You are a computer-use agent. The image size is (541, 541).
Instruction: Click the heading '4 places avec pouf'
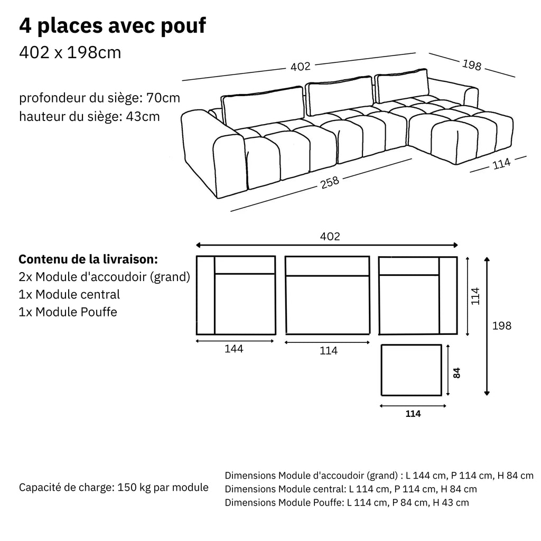112,26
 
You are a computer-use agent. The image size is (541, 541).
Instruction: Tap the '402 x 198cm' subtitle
70,53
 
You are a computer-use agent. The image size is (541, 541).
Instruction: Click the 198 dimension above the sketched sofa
471,65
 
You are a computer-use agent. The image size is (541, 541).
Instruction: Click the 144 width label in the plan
234,349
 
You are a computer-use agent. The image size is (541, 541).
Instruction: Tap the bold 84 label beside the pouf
458,373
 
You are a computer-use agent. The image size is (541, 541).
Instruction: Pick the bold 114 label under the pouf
413,414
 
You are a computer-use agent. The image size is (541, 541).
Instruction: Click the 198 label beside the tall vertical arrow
501,326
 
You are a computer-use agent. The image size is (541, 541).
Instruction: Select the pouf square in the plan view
411,370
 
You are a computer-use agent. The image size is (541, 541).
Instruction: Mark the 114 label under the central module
328,351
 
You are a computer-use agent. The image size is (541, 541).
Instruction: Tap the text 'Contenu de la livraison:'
88,260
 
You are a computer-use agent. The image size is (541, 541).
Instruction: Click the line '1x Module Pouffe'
68,312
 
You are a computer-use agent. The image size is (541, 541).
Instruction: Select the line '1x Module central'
69,295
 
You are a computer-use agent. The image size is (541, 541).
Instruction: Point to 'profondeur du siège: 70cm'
100,98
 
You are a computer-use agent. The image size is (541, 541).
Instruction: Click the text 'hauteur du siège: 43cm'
89,116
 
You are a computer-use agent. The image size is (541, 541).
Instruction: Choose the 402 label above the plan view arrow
330,237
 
